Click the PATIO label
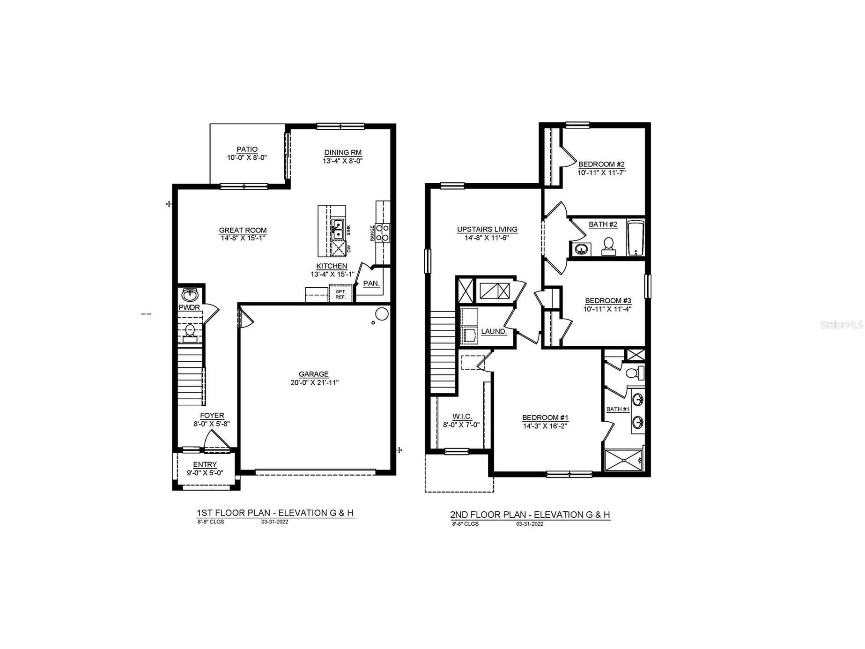pyautogui.click(x=247, y=149)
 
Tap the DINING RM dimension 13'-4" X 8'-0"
pyautogui.click(x=343, y=161)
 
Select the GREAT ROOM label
pyautogui.click(x=243, y=230)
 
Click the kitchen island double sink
pyautogui.click(x=338, y=229)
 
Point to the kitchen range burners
pyautogui.click(x=383, y=232)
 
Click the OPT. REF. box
pyautogui.click(x=340, y=294)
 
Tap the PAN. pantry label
pyautogui.click(x=371, y=283)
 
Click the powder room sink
pyautogui.click(x=190, y=295)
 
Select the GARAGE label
pyautogui.click(x=314, y=374)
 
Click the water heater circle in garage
pyautogui.click(x=382, y=313)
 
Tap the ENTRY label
pyautogui.click(x=205, y=464)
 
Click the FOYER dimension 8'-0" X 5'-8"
pyautogui.click(x=212, y=424)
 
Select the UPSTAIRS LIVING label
pyautogui.click(x=487, y=229)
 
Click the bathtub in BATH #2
pyautogui.click(x=636, y=238)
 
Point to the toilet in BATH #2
pyautogui.click(x=608, y=246)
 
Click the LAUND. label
pyautogui.click(x=494, y=331)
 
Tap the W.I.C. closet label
pyautogui.click(x=462, y=417)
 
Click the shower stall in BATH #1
pyautogui.click(x=624, y=460)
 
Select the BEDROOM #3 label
pyautogui.click(x=608, y=301)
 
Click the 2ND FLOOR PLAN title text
pyautogui.click(x=530, y=515)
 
